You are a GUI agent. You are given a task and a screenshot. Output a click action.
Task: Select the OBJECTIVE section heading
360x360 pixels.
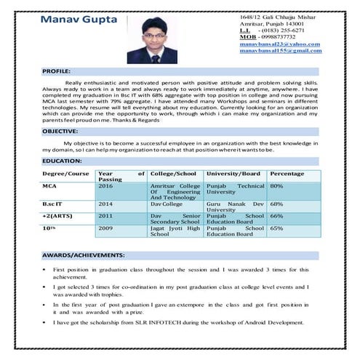pos(60,131)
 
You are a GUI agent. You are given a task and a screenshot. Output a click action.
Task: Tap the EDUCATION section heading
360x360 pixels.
pos(61,159)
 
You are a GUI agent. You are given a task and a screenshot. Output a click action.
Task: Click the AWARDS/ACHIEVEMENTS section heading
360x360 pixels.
pos(83,256)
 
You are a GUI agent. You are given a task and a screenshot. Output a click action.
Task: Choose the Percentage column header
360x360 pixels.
pos(287,174)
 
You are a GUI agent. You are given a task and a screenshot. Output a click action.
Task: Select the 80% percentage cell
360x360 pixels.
pos(276,186)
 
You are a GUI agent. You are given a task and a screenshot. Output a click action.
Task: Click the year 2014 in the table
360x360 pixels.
pos(105,204)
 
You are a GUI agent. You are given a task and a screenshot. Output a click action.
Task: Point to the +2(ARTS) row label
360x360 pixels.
pos(56,216)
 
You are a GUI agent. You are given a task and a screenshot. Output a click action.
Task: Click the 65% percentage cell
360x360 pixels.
pos(276,228)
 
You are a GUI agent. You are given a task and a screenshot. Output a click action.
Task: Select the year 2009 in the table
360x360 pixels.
pos(105,228)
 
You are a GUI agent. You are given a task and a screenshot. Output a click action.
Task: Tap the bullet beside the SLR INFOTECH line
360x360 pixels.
pos(46,322)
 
